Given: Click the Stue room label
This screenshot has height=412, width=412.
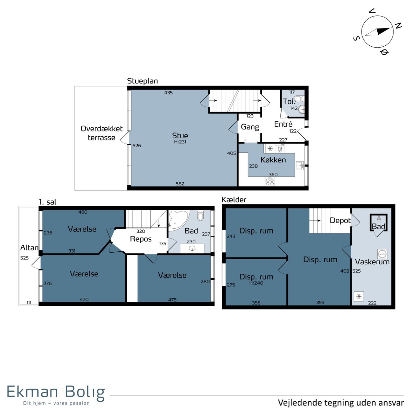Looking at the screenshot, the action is coord(180,136).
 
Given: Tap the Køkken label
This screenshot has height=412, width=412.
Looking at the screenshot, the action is coord(273,160).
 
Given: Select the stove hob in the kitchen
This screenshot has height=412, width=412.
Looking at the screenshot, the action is coord(270,182).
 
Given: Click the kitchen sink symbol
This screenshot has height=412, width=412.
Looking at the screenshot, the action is coord(300,166).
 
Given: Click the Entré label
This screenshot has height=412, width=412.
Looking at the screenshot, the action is coord(283,124).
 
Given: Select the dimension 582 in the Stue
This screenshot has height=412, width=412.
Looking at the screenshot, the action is coord(180,184).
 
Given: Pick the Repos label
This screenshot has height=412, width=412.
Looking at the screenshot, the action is coord(141,239).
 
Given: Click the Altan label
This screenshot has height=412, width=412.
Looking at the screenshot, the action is coord(29,248).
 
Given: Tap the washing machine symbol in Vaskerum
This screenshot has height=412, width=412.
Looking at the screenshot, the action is coord(382,254).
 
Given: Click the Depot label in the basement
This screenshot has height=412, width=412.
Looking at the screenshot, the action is coord(340,220).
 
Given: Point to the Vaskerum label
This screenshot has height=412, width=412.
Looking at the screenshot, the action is coord(372,262).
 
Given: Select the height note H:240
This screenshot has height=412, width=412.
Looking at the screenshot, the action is coord(256,283).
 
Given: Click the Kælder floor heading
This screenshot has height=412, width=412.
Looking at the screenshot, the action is coord(234,200).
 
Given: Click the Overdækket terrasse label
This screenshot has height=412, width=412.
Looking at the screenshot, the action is coord(102,133).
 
